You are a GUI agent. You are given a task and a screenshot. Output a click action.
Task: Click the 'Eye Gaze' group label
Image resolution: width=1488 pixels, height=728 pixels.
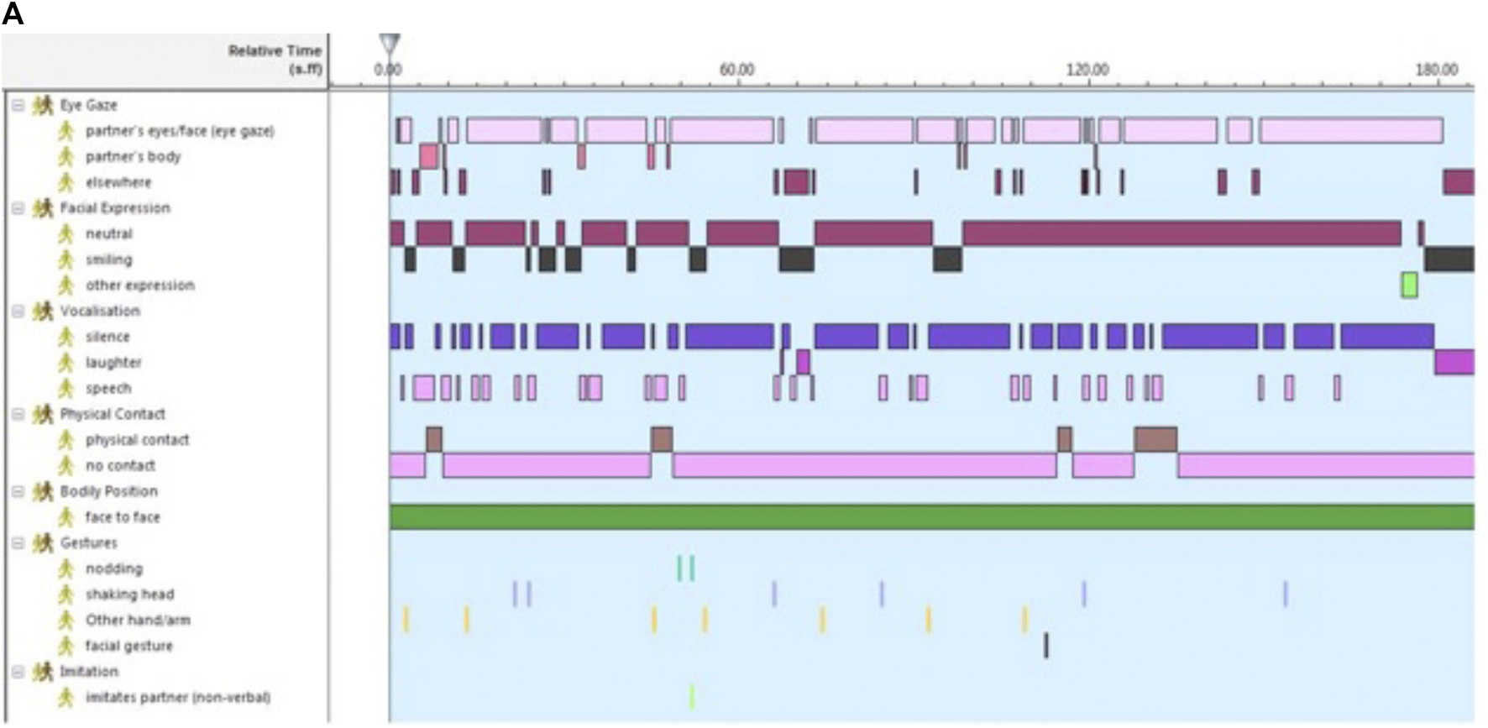88,105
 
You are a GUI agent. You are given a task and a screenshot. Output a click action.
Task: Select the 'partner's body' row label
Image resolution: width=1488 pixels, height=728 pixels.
133,156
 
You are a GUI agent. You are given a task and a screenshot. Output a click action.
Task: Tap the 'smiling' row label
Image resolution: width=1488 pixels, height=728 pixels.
108,259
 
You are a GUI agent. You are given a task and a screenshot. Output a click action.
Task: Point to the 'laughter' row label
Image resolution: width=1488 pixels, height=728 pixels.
113,363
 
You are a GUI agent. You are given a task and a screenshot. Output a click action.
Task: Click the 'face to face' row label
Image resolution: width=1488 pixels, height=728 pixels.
122,517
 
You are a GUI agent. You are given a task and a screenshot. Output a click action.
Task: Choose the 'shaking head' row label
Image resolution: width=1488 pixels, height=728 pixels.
129,594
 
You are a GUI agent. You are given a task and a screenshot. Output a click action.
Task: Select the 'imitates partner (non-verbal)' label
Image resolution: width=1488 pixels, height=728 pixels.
177,698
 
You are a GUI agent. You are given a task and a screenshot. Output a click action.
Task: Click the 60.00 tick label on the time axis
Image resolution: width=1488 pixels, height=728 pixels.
736,70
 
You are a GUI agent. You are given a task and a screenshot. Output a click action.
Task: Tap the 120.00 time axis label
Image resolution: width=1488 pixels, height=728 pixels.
1087,70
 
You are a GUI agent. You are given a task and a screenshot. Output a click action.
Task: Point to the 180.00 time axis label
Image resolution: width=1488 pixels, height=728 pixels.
1436,70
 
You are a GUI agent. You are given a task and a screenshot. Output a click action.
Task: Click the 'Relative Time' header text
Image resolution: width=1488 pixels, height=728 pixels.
275,51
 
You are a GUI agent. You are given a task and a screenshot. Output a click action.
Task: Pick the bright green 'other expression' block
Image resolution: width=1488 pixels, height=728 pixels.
1409,285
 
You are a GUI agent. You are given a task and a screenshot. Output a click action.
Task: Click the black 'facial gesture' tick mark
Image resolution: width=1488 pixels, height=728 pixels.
1045,645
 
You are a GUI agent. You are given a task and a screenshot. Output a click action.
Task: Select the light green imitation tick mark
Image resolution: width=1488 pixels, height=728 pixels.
692,697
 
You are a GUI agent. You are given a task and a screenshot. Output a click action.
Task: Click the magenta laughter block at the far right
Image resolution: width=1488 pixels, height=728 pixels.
1454,362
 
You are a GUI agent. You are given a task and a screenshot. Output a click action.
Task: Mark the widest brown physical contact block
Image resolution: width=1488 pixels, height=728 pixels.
1155,439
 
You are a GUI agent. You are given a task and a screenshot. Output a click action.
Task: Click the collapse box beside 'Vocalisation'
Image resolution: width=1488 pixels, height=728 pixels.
18,311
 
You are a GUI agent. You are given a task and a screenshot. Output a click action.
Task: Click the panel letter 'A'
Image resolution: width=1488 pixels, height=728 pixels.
13,14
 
